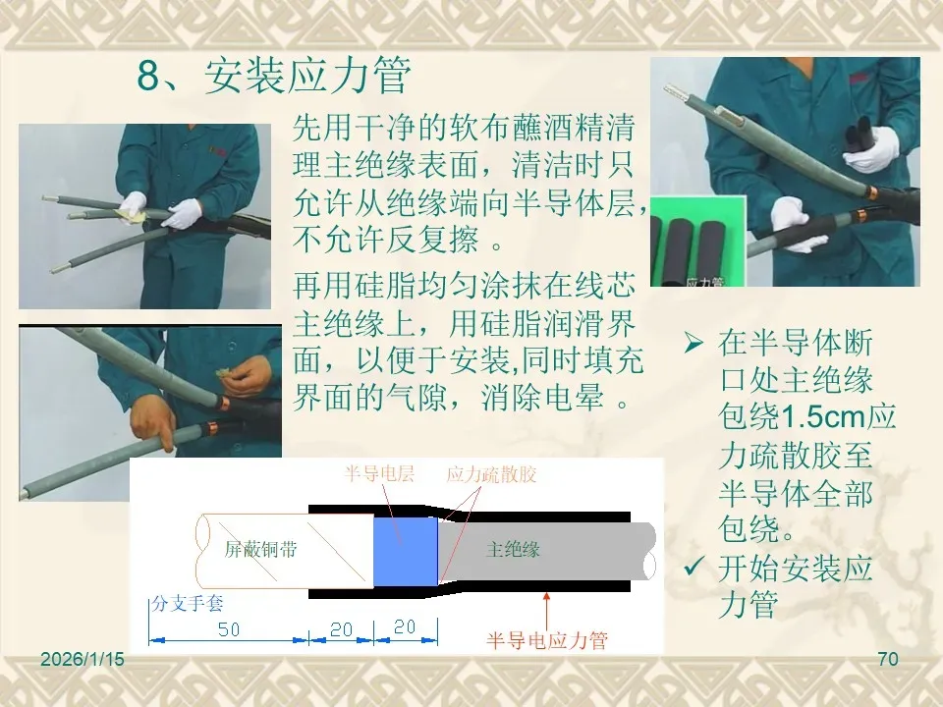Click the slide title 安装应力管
coord(306,76)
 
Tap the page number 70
coord(888,659)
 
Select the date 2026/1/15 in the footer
coord(83,659)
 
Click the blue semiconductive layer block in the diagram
coord(406,551)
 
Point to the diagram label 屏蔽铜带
coord(260,549)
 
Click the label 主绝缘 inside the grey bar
coord(513,549)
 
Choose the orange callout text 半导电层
coord(379,473)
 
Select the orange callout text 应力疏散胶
coord(491,474)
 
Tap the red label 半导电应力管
coord(547,640)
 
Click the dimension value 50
coord(229,629)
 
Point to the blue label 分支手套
coord(187,603)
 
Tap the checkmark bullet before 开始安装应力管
coord(694,566)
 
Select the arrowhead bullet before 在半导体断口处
coord(693,343)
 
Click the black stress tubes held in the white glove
coord(860,135)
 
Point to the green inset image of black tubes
coord(697,242)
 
